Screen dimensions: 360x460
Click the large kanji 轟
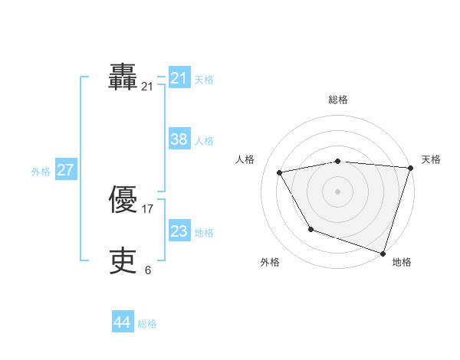coord(123,77)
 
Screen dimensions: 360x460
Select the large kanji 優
coord(123,200)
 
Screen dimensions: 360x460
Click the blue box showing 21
coord(179,78)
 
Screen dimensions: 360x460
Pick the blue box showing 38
coord(179,139)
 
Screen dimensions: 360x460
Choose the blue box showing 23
coord(179,231)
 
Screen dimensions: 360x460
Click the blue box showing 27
coord(66,170)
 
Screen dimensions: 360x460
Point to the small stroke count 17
coord(148,209)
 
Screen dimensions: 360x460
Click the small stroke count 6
coord(148,270)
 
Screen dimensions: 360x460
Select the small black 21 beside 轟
coord(147,87)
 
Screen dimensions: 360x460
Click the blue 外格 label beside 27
coord(41,172)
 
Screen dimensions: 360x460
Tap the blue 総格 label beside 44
coord(147,325)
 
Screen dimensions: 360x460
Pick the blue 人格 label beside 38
coord(204,141)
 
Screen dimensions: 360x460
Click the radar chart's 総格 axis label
coord(338,100)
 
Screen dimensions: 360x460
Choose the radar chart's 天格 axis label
coord(431,159)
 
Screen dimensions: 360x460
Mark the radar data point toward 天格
coord(410,168)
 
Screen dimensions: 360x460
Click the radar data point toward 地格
coord(383,253)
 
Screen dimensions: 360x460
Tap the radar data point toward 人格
coord(280,173)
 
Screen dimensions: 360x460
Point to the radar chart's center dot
coord(338,191)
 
